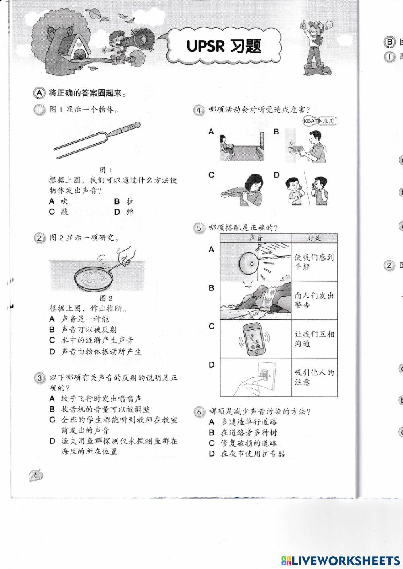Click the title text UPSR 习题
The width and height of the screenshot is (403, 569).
(224, 46)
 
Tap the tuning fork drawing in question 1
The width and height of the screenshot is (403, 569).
(97, 141)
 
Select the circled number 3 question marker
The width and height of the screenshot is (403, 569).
(39, 378)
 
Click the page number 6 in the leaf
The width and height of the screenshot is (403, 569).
(36, 476)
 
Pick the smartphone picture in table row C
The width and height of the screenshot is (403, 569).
(255, 339)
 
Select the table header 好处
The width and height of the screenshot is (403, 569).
(314, 238)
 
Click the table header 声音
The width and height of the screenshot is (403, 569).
(256, 238)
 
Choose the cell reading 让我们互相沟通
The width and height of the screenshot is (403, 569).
(314, 339)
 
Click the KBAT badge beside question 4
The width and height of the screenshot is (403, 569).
(320, 121)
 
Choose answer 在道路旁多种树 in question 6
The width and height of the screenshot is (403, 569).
(248, 432)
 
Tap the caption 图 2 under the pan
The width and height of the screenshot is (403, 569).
(106, 298)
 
